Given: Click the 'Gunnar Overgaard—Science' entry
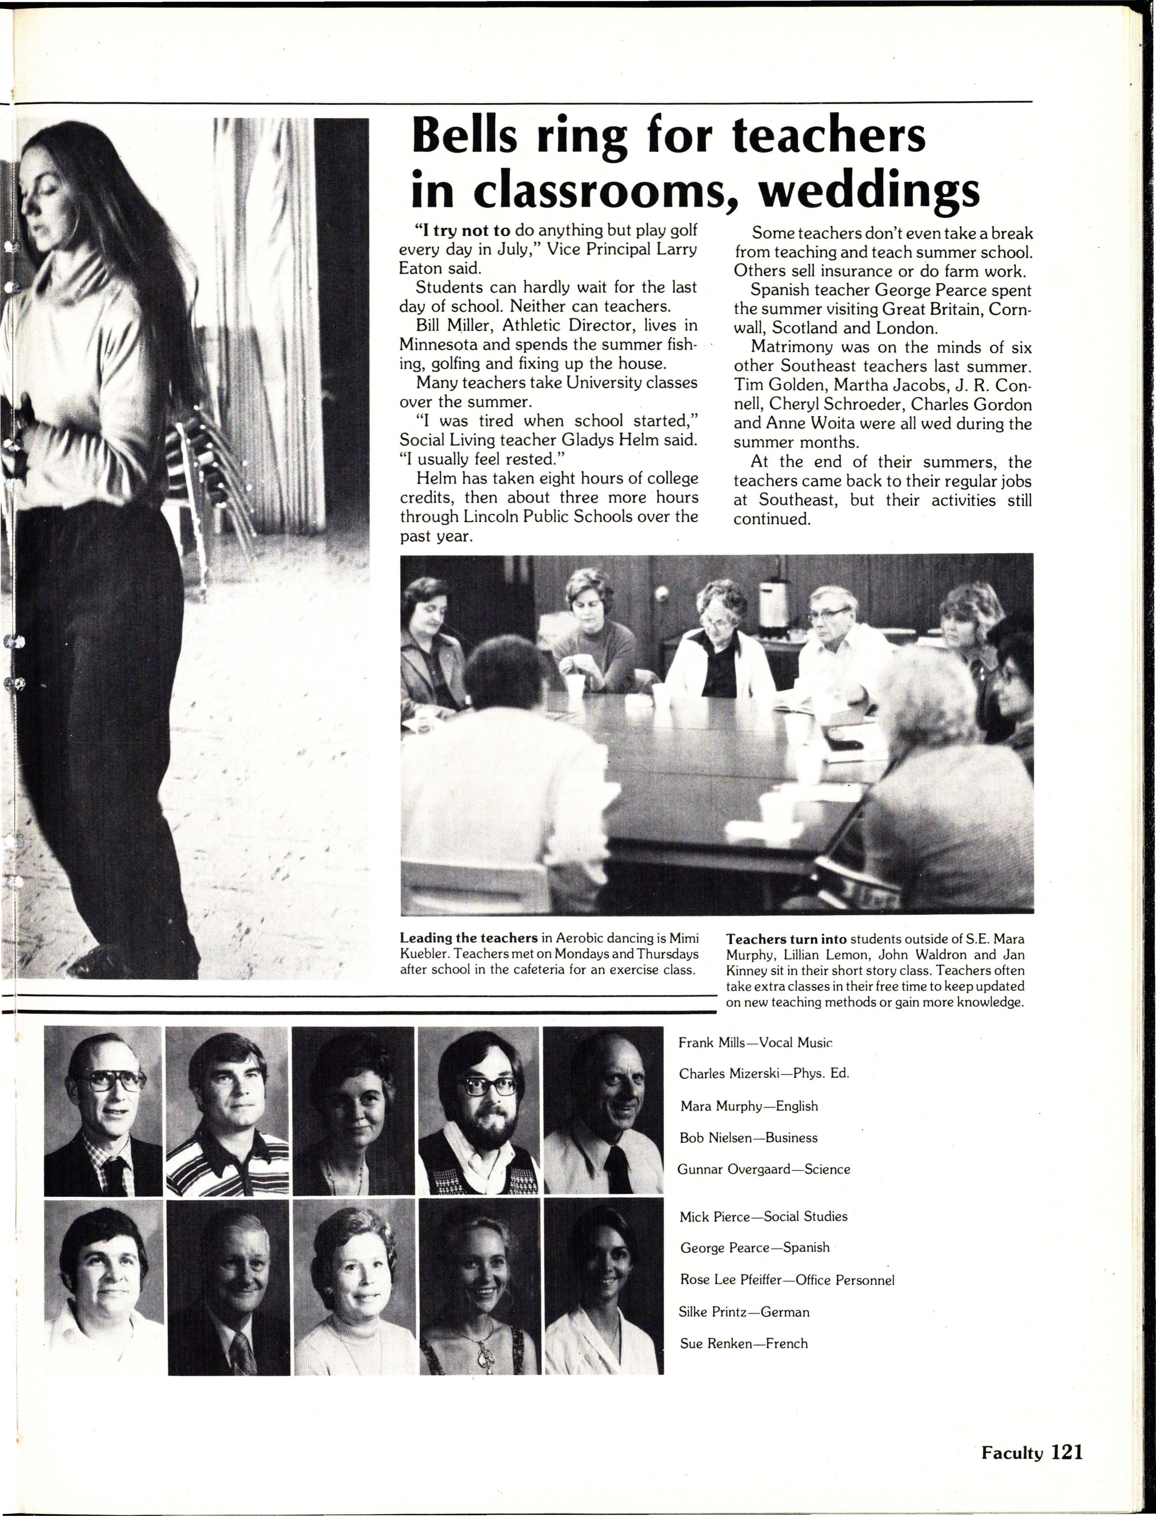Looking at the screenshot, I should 764,1169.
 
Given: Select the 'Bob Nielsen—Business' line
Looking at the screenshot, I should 748,1138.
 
